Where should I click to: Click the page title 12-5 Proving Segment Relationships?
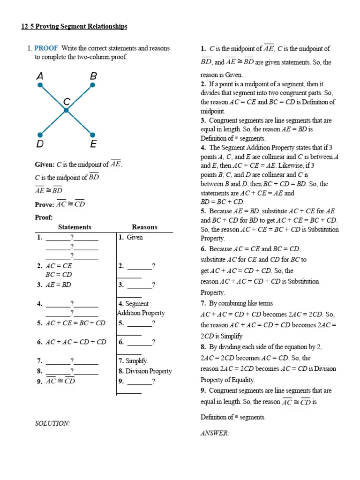74,27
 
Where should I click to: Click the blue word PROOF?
46,48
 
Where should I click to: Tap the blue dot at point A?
41,85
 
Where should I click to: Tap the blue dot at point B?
93,85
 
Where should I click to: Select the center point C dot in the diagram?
67,110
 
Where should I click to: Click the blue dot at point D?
41,135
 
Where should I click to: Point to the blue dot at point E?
93,135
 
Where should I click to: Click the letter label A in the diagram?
40,75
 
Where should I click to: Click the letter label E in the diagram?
93,144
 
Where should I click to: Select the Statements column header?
75,227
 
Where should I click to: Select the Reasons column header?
144,227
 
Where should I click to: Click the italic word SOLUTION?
52,423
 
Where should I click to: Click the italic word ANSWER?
215,434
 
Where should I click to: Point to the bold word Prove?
44,204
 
